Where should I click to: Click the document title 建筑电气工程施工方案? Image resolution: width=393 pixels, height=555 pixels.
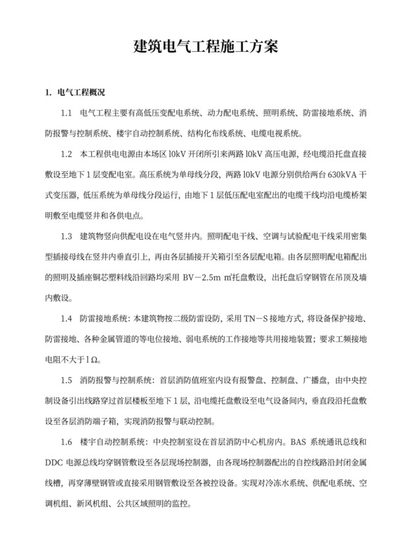[x=196, y=47]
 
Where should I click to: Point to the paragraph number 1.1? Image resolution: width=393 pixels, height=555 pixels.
[x=67, y=112]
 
